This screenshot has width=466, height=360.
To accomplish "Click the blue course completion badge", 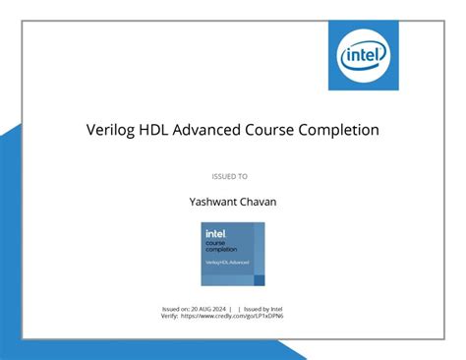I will pos(232,254).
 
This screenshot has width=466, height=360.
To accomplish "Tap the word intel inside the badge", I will pos(215,233).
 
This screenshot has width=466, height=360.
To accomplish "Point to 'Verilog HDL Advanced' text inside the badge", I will pos(227,263).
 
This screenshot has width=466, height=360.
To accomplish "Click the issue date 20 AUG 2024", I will pos(213,308).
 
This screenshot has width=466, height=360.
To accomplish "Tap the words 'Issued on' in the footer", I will pos(178,308).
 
